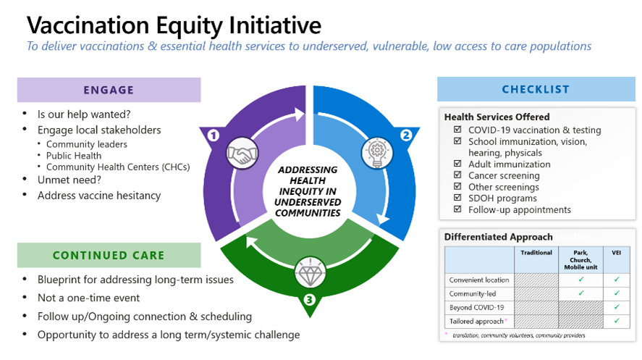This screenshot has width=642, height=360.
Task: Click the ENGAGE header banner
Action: [x=109, y=90]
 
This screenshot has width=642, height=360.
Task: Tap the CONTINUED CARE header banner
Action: [x=109, y=255]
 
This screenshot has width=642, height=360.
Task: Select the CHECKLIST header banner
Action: [x=536, y=90]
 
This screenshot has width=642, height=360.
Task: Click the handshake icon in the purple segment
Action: [x=242, y=155]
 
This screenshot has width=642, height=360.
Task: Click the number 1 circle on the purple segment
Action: [x=213, y=135]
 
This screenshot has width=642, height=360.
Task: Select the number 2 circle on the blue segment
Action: [x=407, y=135]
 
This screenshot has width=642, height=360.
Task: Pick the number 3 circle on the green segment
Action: [x=310, y=299]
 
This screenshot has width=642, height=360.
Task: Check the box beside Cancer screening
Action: [x=457, y=175]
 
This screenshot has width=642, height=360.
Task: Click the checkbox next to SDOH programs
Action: [x=457, y=198]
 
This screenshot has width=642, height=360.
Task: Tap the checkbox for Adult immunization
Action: [x=457, y=164]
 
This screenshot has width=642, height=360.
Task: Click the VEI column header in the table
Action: [x=617, y=252]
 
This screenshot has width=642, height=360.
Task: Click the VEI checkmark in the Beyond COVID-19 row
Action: [x=617, y=307]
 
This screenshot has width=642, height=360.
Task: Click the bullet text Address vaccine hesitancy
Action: [x=99, y=196]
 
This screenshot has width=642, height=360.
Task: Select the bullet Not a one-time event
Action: [x=89, y=298]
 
